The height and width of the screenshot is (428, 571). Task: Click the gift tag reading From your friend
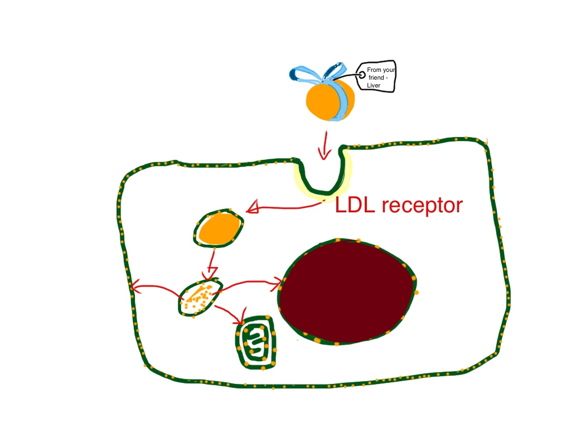(377, 77)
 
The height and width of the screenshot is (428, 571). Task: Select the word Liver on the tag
(374, 85)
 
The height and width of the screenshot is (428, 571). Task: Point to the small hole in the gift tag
(362, 73)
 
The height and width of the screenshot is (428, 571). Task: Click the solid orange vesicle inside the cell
(219, 228)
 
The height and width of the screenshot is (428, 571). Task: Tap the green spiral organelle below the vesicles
(257, 342)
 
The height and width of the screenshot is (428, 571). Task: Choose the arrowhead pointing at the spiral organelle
(240, 322)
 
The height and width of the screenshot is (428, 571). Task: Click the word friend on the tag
(377, 79)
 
